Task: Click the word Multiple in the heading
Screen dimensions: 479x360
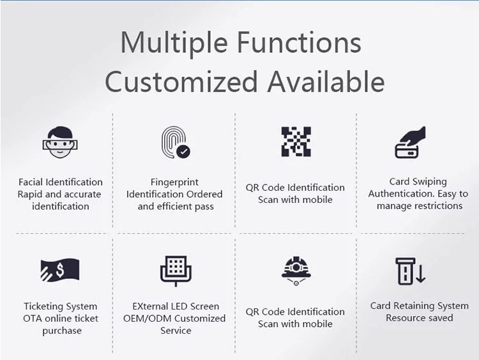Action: click(x=174, y=43)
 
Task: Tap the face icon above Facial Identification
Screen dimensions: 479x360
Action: click(x=60, y=142)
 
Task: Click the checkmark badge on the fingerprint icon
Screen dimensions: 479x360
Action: click(x=183, y=151)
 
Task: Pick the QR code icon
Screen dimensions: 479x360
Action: click(x=296, y=142)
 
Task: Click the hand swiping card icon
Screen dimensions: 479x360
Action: click(x=410, y=142)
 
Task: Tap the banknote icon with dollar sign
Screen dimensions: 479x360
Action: click(x=60, y=270)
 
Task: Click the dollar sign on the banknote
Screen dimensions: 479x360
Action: click(x=60, y=269)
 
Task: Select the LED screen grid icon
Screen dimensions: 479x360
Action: click(x=176, y=271)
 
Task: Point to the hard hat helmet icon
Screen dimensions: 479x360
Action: click(x=296, y=271)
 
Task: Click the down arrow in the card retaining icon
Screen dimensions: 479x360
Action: click(x=421, y=274)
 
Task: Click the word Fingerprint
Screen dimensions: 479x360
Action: click(x=174, y=183)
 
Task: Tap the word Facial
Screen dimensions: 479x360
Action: click(x=31, y=182)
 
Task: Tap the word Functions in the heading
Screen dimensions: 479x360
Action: click(x=300, y=42)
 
